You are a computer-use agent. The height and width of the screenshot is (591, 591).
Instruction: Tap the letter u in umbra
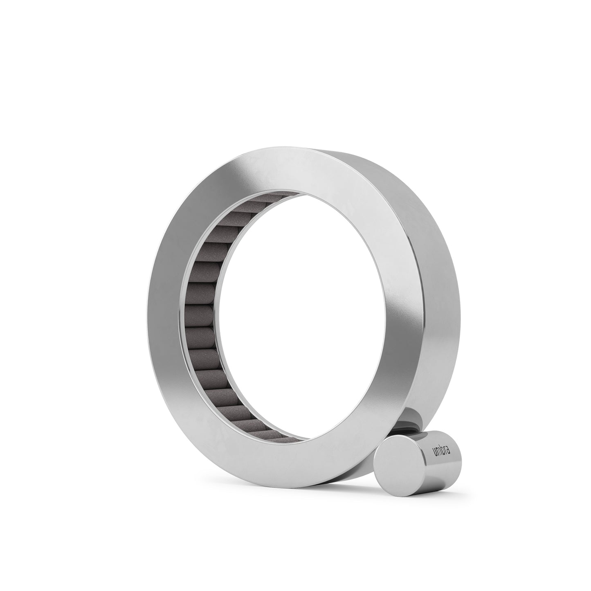coord(435,459)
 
